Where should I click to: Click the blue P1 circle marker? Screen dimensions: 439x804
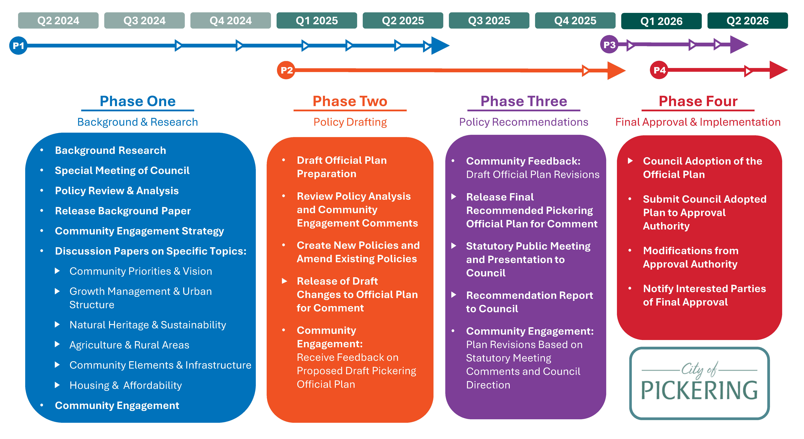pyautogui.click(x=18, y=46)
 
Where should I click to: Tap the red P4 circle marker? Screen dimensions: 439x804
pyautogui.click(x=659, y=70)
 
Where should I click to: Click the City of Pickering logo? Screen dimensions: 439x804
pyautogui.click(x=699, y=383)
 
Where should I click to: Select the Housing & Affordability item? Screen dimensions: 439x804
pyautogui.click(x=125, y=385)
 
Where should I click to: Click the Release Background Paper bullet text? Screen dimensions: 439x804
pyautogui.click(x=123, y=211)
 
